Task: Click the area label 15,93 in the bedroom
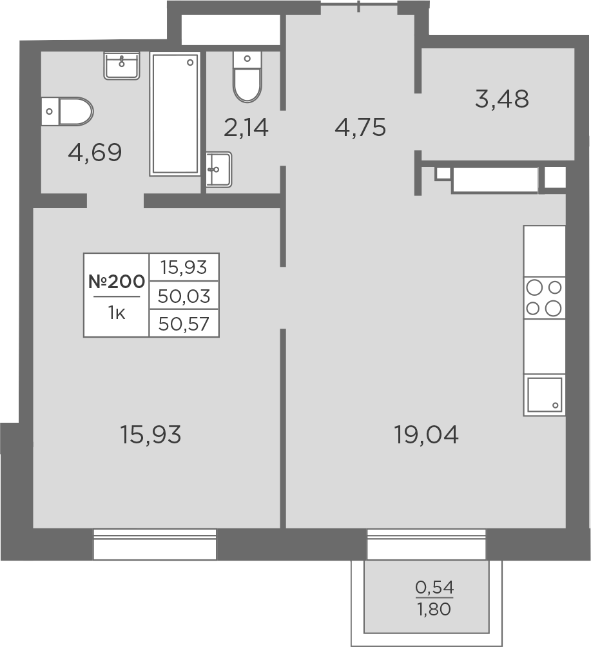[151, 436]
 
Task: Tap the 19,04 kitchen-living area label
[426, 436]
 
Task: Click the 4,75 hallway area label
[360, 128]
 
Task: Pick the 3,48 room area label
[502, 99]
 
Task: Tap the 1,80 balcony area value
[434, 608]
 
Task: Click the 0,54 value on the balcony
[434, 588]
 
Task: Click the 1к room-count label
[116, 314]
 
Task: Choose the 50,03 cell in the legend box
[184, 296]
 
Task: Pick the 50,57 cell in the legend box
[184, 323]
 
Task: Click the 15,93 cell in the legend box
[184, 267]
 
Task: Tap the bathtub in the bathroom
[175, 114]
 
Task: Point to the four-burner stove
[544, 298]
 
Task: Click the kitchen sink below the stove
[545, 394]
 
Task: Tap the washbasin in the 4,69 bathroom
[122, 66]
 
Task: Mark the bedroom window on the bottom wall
[155, 544]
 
